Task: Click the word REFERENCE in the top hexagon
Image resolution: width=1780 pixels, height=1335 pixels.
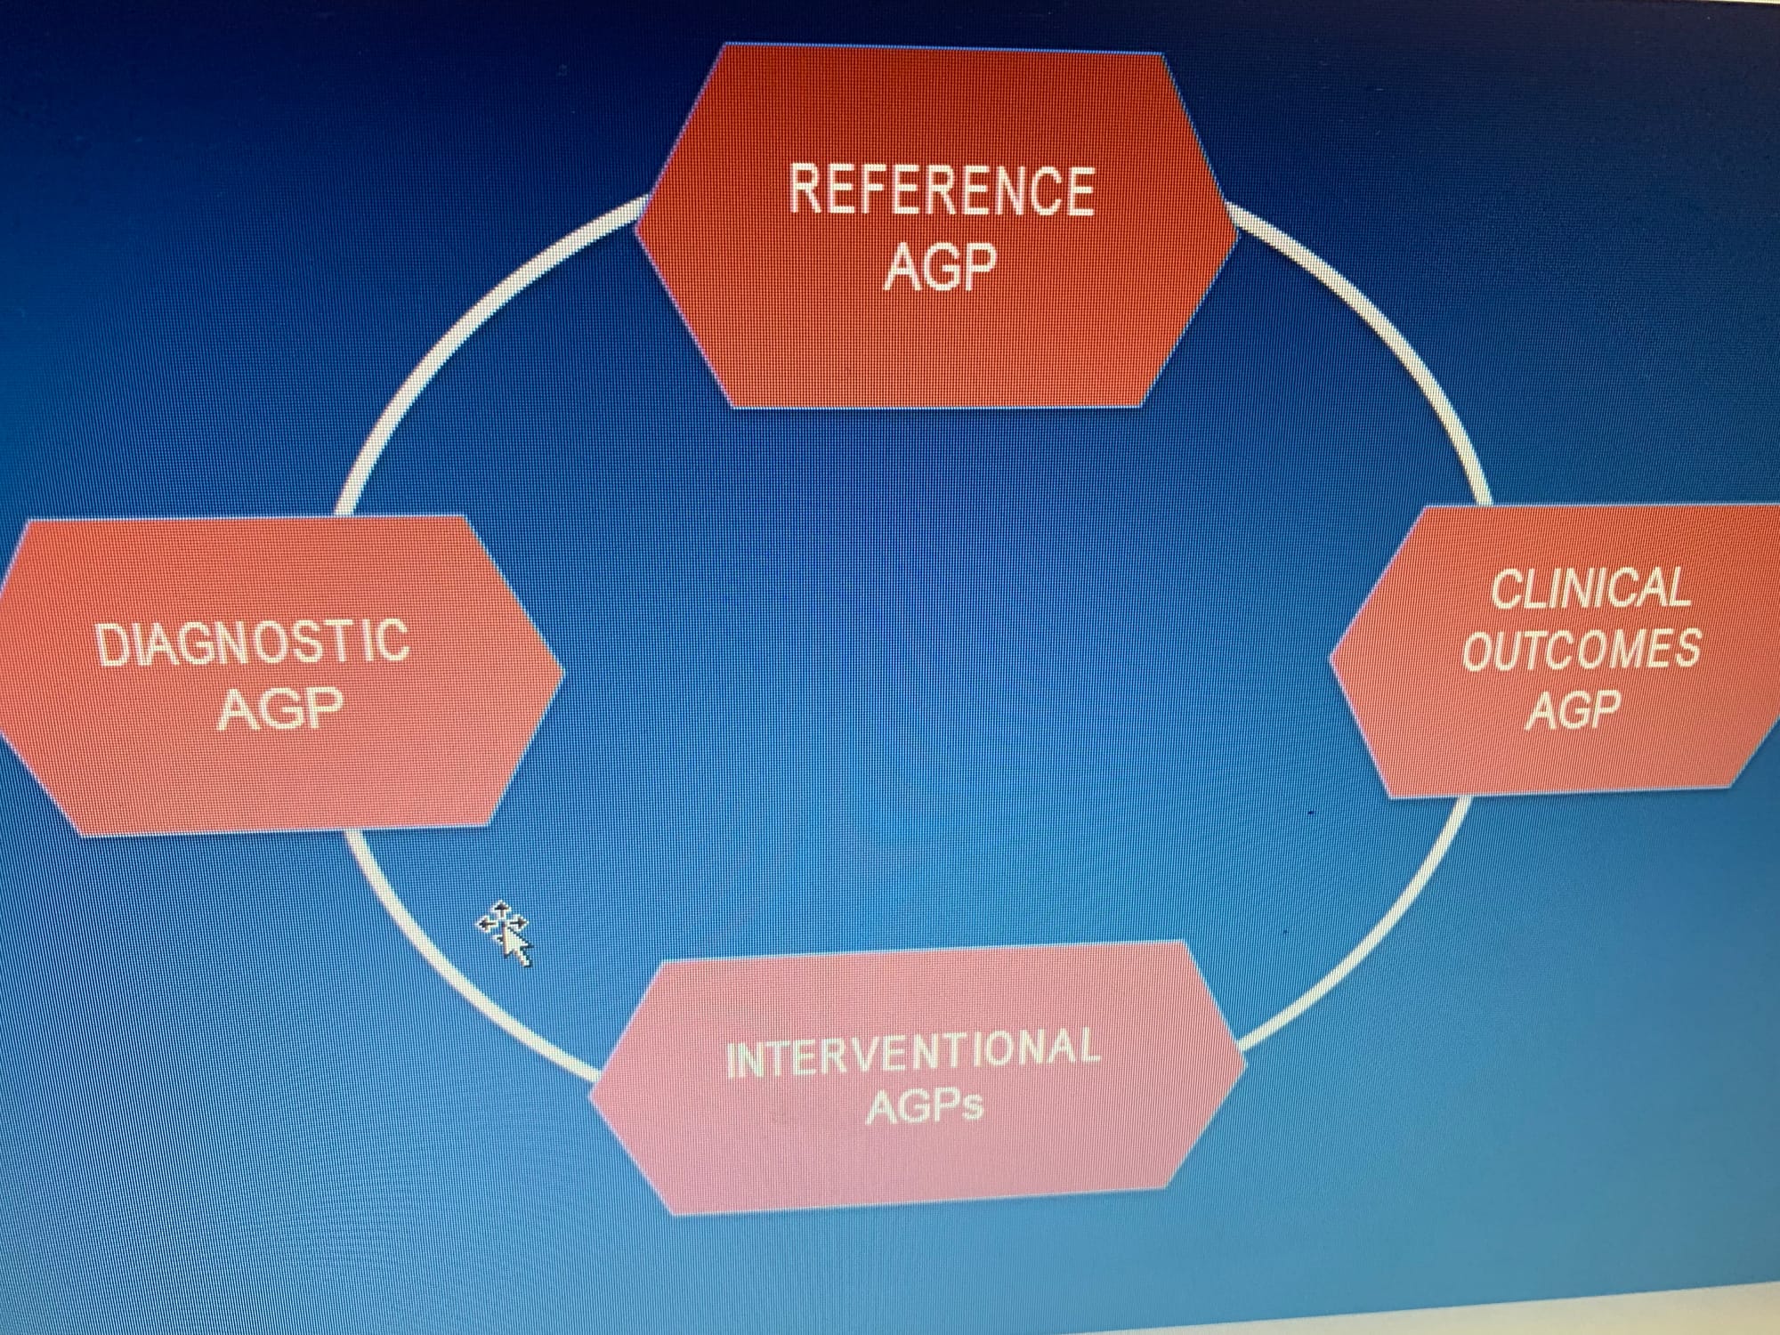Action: (941, 190)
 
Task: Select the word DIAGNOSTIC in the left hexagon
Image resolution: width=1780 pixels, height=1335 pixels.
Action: (253, 643)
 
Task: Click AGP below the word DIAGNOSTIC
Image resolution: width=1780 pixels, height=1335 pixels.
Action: (280, 709)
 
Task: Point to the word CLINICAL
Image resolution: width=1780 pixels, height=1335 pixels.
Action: (1590, 589)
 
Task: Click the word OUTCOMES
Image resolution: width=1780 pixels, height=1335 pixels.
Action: (1581, 650)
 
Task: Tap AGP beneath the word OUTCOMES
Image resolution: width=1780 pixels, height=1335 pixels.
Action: (1574, 710)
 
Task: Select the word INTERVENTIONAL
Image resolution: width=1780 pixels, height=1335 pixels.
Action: (912, 1053)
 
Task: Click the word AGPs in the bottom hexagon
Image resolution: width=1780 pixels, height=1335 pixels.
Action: (925, 1106)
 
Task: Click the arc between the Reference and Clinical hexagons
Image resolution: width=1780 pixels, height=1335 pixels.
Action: (1388, 338)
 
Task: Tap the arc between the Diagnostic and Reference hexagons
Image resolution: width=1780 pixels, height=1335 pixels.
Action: (463, 329)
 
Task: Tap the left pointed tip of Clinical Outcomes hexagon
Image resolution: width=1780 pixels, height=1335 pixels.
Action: (1331, 659)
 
